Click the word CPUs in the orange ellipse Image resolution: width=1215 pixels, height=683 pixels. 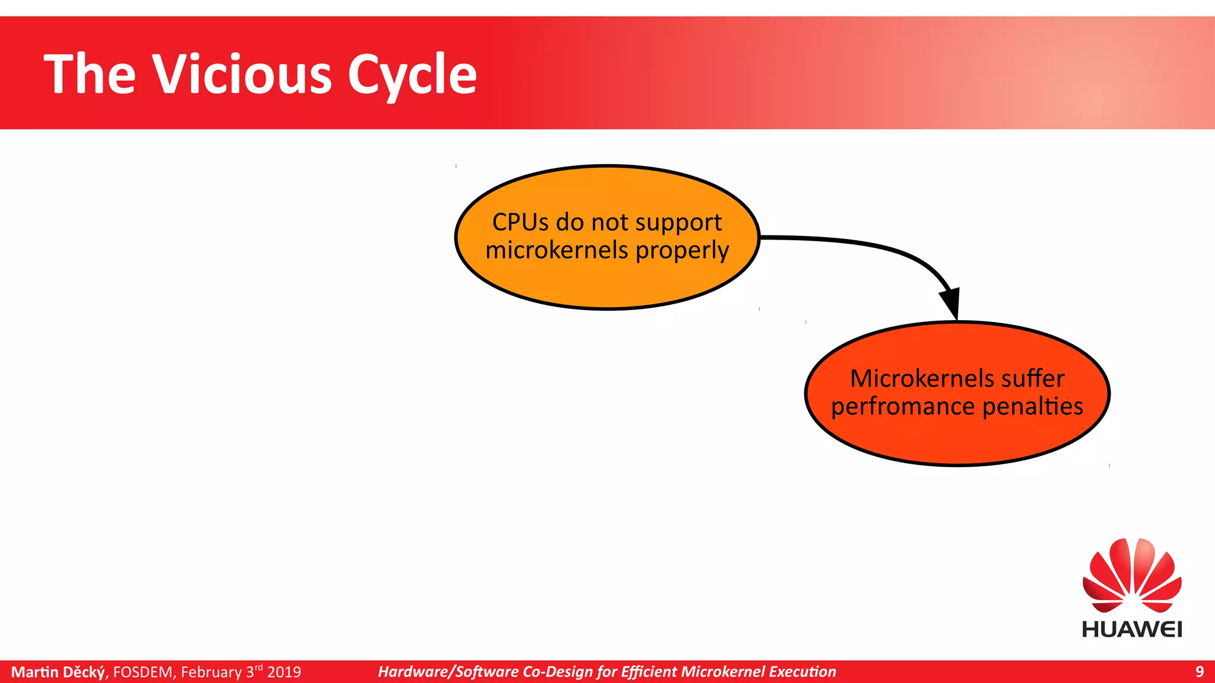click(x=520, y=222)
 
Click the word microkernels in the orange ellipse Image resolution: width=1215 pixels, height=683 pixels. click(x=556, y=250)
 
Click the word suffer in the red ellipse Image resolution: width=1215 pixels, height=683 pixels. click(x=1033, y=378)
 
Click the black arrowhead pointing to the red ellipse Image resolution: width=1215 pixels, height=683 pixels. click(x=951, y=302)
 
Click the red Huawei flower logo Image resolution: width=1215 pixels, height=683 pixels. click(x=1132, y=575)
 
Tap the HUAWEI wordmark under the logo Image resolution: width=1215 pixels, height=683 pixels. click(x=1132, y=629)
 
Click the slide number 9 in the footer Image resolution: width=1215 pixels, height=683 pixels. click(x=1199, y=672)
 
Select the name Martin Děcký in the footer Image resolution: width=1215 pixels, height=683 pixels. click(x=58, y=672)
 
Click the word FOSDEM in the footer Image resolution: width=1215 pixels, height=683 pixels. click(x=143, y=672)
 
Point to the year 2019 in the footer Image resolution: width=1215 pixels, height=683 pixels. click(x=284, y=672)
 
